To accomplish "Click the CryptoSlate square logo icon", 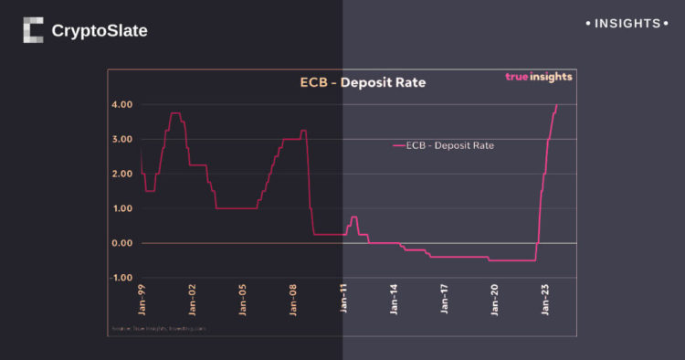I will click(33, 30).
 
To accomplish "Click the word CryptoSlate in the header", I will click(100, 31).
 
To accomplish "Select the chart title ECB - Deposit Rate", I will click(363, 83).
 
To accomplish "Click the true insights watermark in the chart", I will click(539, 77).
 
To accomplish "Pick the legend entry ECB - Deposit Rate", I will click(443, 144).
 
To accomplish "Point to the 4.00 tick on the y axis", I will click(123, 104).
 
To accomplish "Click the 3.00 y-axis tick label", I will click(123, 139).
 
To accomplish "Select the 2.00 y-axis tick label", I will click(123, 174).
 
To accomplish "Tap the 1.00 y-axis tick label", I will click(123, 208).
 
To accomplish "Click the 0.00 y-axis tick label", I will click(123, 243).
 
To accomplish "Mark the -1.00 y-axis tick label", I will click(121, 278).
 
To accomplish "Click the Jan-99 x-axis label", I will click(142, 300).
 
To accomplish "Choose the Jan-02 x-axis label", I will click(192, 300).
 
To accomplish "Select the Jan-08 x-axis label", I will click(293, 300).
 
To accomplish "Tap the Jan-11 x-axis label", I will click(343, 300).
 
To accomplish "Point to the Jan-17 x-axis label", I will click(445, 300).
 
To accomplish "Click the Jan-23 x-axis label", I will click(546, 300).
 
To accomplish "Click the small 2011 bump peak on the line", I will click(353, 217).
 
